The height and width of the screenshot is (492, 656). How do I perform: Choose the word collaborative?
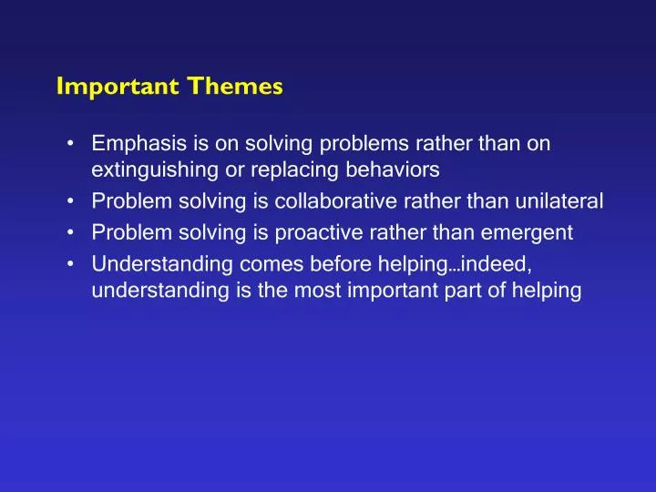[x=358, y=201]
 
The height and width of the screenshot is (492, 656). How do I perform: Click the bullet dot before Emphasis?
[x=71, y=145]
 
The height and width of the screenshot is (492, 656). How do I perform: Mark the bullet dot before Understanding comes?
[x=71, y=266]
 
